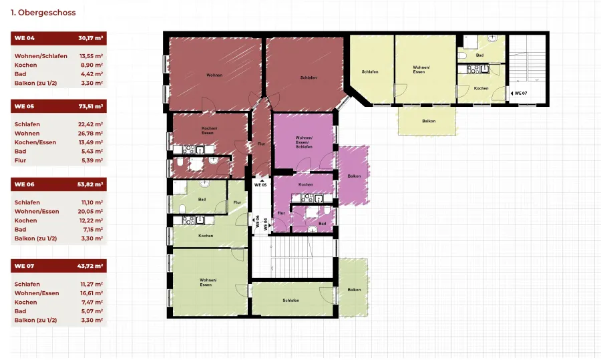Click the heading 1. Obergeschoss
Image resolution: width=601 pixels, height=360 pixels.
pyautogui.click(x=43, y=12)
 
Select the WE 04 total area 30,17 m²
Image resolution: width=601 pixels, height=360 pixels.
pyautogui.click(x=90, y=38)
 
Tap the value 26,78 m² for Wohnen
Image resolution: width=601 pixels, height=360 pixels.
pyautogui.click(x=90, y=134)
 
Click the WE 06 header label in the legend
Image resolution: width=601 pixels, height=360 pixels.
pyautogui.click(x=25, y=184)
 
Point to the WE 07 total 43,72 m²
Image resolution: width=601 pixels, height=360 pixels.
pyautogui.click(x=90, y=266)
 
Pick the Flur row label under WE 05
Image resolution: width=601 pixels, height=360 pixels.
pyautogui.click(x=20, y=160)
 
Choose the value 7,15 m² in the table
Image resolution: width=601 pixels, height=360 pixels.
pyautogui.click(x=92, y=229)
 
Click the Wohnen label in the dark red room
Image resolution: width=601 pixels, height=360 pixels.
pyautogui.click(x=214, y=75)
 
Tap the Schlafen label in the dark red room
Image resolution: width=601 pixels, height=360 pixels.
pyautogui.click(x=309, y=77)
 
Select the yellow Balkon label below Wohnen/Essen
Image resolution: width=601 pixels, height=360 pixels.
pyautogui.click(x=429, y=121)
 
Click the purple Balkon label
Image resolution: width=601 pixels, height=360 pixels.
pyautogui.click(x=354, y=176)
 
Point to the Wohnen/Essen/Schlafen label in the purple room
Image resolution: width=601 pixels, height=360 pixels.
pyautogui.click(x=304, y=142)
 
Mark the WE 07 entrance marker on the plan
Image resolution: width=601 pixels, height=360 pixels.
pyautogui.click(x=519, y=93)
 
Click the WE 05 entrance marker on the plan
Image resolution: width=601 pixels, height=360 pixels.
pyautogui.click(x=260, y=184)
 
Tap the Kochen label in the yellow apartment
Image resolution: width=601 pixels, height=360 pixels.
pyautogui.click(x=481, y=88)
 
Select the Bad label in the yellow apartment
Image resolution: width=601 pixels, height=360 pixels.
pyautogui.click(x=479, y=55)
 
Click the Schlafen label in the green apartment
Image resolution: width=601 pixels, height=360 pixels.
pyautogui.click(x=291, y=300)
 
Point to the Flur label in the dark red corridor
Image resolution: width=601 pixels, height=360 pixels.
pyautogui.click(x=261, y=144)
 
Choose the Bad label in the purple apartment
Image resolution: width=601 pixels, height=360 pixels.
pyautogui.click(x=323, y=224)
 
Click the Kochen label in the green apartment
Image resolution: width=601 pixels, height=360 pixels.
pyautogui.click(x=206, y=236)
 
